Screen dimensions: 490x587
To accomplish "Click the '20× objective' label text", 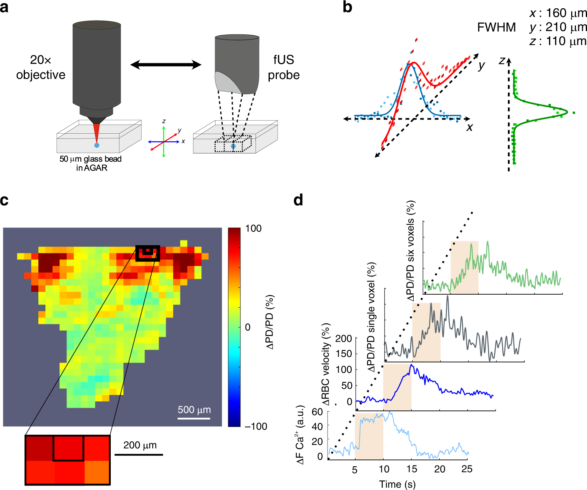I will click(40, 67).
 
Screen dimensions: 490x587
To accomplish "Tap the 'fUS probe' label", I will click(284, 67).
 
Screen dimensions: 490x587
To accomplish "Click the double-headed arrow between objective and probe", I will click(166, 64).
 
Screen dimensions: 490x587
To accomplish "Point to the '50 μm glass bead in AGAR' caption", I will click(91, 163).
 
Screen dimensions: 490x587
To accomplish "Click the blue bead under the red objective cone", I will click(97, 145).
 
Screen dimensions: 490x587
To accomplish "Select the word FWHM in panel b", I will click(496, 27).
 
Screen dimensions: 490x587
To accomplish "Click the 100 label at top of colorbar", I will click(253, 229).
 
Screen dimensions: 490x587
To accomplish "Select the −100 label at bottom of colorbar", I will click(256, 426).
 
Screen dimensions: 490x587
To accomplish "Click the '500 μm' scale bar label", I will click(194, 410).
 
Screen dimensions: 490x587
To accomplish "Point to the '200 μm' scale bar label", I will click(140, 445).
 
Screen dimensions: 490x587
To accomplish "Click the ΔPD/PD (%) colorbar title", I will click(270, 322).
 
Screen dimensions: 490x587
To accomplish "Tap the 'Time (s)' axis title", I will click(397, 484).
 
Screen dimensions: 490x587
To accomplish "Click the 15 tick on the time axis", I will click(412, 469).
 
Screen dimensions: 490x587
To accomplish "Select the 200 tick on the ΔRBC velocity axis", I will click(343, 339).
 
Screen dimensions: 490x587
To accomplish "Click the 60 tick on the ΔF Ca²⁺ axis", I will click(317, 412).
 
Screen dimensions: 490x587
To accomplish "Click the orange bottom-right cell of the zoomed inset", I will click(97, 472).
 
